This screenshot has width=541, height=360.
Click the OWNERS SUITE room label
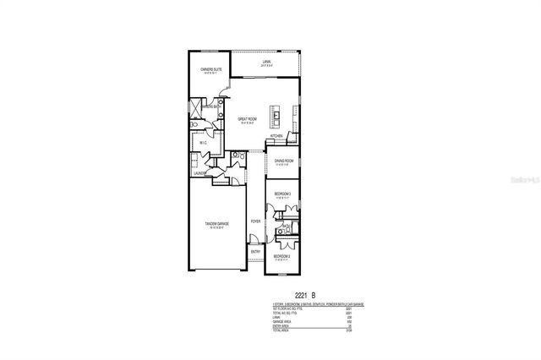pyautogui.click(x=210, y=69)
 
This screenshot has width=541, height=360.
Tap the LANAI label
pyautogui.click(x=265, y=62)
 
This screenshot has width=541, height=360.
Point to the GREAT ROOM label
pyautogui.click(x=247, y=120)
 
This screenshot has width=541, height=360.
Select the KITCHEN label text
pyautogui.click(x=276, y=136)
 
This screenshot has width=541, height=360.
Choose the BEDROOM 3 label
pyautogui.click(x=282, y=194)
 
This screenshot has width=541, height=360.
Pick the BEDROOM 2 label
pyautogui.click(x=282, y=255)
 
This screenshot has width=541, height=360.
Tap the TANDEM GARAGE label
pyautogui.click(x=216, y=224)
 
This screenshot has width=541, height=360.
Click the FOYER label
pyautogui.click(x=254, y=221)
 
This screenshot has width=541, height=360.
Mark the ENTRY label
pyautogui.click(x=255, y=252)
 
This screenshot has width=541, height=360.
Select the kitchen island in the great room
pyautogui.click(x=276, y=112)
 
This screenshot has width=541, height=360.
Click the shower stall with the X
pyautogui.click(x=197, y=108)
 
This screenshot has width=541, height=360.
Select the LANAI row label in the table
pyautogui.click(x=275, y=319)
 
